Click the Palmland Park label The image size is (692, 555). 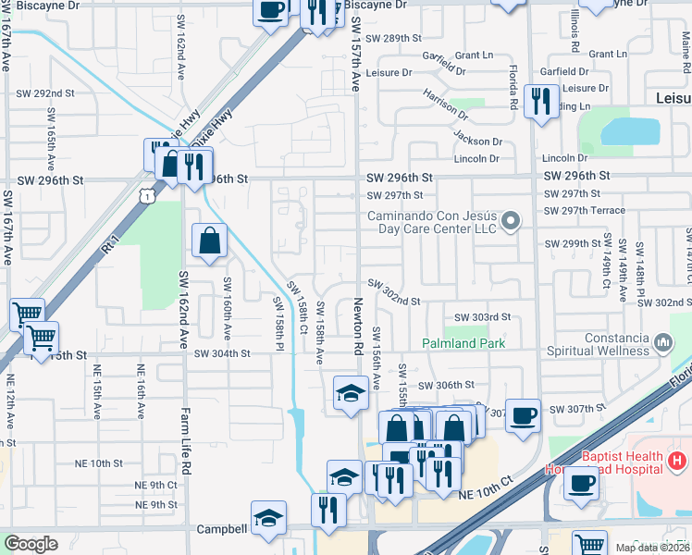tap(463, 343)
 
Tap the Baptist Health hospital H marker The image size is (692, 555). tap(678, 460)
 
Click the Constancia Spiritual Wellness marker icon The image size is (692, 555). tap(662, 343)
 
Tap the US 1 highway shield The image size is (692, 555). tap(146, 196)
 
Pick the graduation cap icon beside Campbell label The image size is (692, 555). tap(268, 518)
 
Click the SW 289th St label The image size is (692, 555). tap(393, 39)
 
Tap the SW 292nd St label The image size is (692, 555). tap(45, 93)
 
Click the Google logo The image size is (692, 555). tap(31, 544)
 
